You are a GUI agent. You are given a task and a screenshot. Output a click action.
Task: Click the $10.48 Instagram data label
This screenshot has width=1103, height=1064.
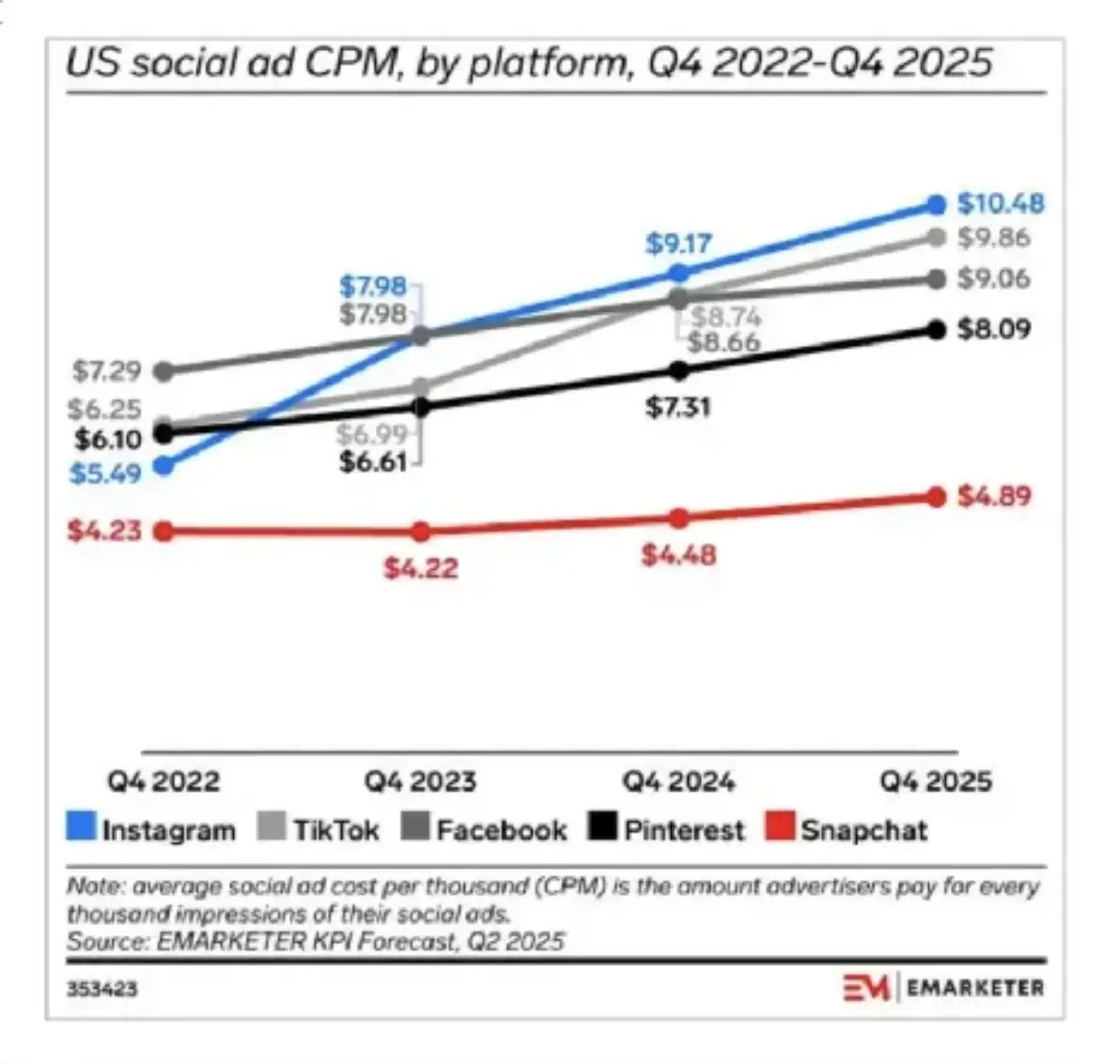[1001, 204]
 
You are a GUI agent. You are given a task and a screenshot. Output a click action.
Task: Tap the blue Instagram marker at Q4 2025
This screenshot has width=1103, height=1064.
[936, 205]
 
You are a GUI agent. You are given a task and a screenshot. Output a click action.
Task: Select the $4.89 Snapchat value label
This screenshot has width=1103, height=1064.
[994, 495]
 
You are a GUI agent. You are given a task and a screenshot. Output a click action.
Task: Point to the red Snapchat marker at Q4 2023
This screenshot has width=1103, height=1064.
[421, 532]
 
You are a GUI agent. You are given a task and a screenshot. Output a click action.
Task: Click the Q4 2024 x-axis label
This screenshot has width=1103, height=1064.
[678, 781]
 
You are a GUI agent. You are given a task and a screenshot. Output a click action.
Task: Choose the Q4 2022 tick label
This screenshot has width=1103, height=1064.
[163, 781]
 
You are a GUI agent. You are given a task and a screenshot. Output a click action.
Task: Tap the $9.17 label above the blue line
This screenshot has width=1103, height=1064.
[678, 244]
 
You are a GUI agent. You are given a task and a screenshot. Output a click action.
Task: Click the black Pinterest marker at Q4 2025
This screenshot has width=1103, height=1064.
[936, 329]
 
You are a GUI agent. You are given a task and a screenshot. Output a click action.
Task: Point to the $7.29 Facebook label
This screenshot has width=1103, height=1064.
[106, 371]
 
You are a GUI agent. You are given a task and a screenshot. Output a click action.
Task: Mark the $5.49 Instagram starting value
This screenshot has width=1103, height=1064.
[105, 473]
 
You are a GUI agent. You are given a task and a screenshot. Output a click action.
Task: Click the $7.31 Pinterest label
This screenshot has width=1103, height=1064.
[678, 407]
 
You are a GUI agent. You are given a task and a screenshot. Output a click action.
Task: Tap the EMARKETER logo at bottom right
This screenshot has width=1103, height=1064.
[943, 988]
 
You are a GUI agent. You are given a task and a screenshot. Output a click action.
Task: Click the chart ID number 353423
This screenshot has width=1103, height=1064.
[101, 990]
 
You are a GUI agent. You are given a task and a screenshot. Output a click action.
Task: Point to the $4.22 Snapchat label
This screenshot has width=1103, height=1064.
[421, 569]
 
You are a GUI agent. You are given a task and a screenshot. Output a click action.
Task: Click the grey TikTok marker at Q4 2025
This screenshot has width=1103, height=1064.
[936, 237]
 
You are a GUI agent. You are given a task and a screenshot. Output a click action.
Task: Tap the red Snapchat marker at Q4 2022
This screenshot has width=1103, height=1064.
[163, 532]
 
